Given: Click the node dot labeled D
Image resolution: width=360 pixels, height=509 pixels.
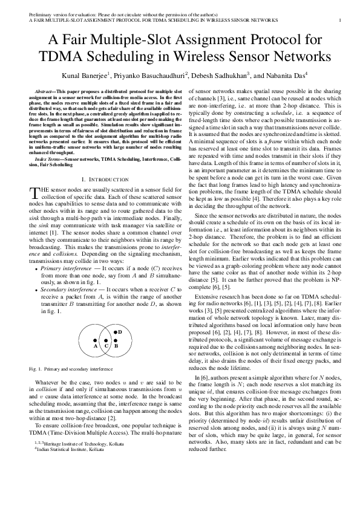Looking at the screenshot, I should point(114,332).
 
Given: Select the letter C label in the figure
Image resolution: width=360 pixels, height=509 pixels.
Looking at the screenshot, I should point(106,346).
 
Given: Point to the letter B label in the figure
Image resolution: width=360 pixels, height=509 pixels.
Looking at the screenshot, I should point(117,346).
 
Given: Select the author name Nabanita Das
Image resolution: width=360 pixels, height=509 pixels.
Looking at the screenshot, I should point(284,76).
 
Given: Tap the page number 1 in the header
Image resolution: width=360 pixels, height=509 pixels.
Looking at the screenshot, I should point(339,19).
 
